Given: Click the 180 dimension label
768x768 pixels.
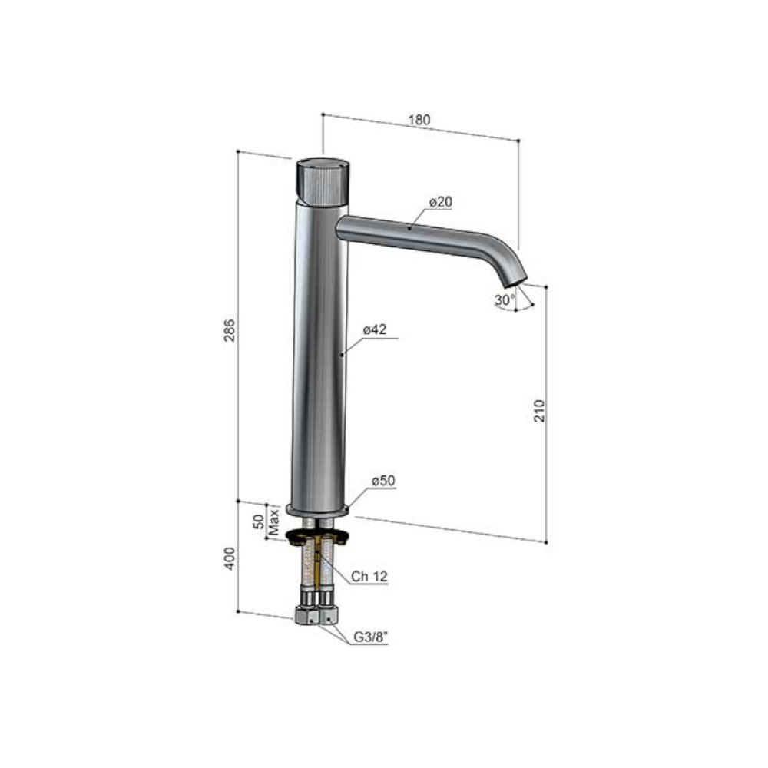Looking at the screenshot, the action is click(x=419, y=120).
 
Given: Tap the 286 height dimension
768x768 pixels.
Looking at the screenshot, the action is click(x=229, y=330).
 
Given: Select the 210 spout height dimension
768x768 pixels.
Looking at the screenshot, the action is click(x=539, y=410).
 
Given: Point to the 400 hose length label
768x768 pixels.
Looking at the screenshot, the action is click(x=229, y=558).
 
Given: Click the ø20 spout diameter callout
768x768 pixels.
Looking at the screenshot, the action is click(x=441, y=202).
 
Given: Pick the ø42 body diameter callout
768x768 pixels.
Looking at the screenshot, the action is click(x=375, y=329).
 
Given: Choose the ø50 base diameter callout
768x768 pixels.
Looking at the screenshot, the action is click(x=383, y=481).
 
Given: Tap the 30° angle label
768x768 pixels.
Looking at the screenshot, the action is click(x=505, y=300).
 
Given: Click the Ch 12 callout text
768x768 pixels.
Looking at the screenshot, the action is click(x=369, y=577).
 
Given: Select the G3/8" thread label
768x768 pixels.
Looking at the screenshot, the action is click(x=371, y=637).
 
